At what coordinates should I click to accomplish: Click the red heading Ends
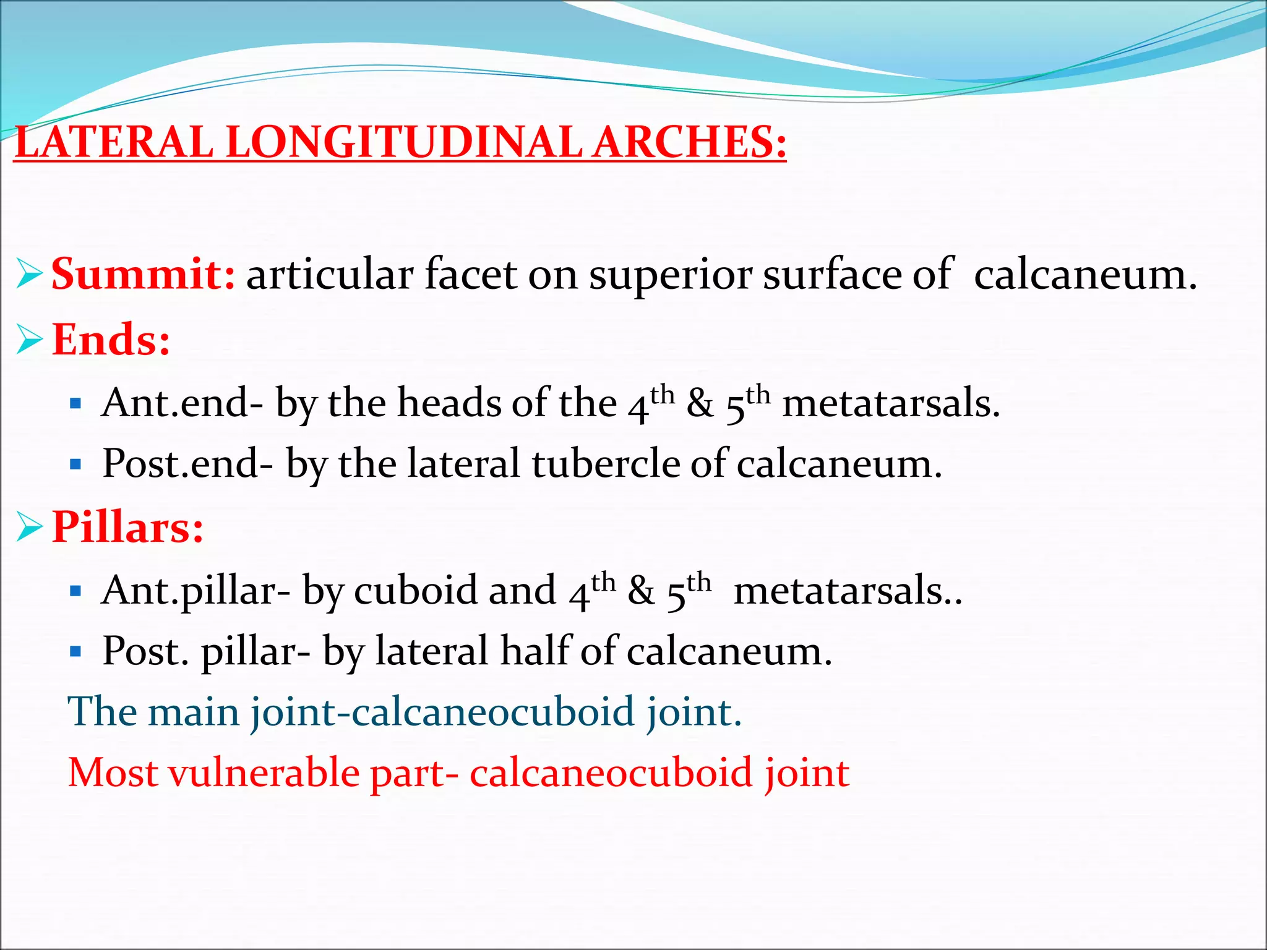click(111, 340)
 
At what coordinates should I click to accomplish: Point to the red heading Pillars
click(127, 527)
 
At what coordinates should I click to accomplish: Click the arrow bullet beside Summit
click(30, 274)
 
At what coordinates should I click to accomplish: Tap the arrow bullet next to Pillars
click(30, 528)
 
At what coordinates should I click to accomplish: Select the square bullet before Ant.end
click(76, 404)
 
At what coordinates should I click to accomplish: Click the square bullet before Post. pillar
click(76, 652)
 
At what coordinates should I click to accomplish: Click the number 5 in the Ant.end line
click(735, 408)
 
